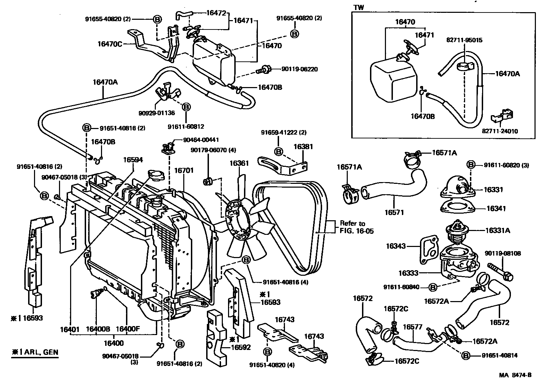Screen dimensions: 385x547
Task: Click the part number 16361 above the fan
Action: click(239, 163)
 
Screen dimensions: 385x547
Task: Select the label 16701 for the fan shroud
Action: click(184, 171)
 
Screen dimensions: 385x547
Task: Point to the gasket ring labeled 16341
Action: click(457, 207)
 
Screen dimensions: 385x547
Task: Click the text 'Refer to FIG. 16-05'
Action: click(356, 227)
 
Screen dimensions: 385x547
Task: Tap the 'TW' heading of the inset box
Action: click(359, 8)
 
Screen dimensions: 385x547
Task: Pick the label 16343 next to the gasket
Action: click(396, 246)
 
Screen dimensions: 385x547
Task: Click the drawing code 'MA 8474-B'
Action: click(515, 375)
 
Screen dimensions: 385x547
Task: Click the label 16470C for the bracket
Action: click(110, 44)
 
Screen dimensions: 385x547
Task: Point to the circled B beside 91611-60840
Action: click(432, 287)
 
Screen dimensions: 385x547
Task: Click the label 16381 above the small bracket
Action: click(303, 147)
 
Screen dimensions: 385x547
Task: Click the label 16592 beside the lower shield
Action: click(241, 347)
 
